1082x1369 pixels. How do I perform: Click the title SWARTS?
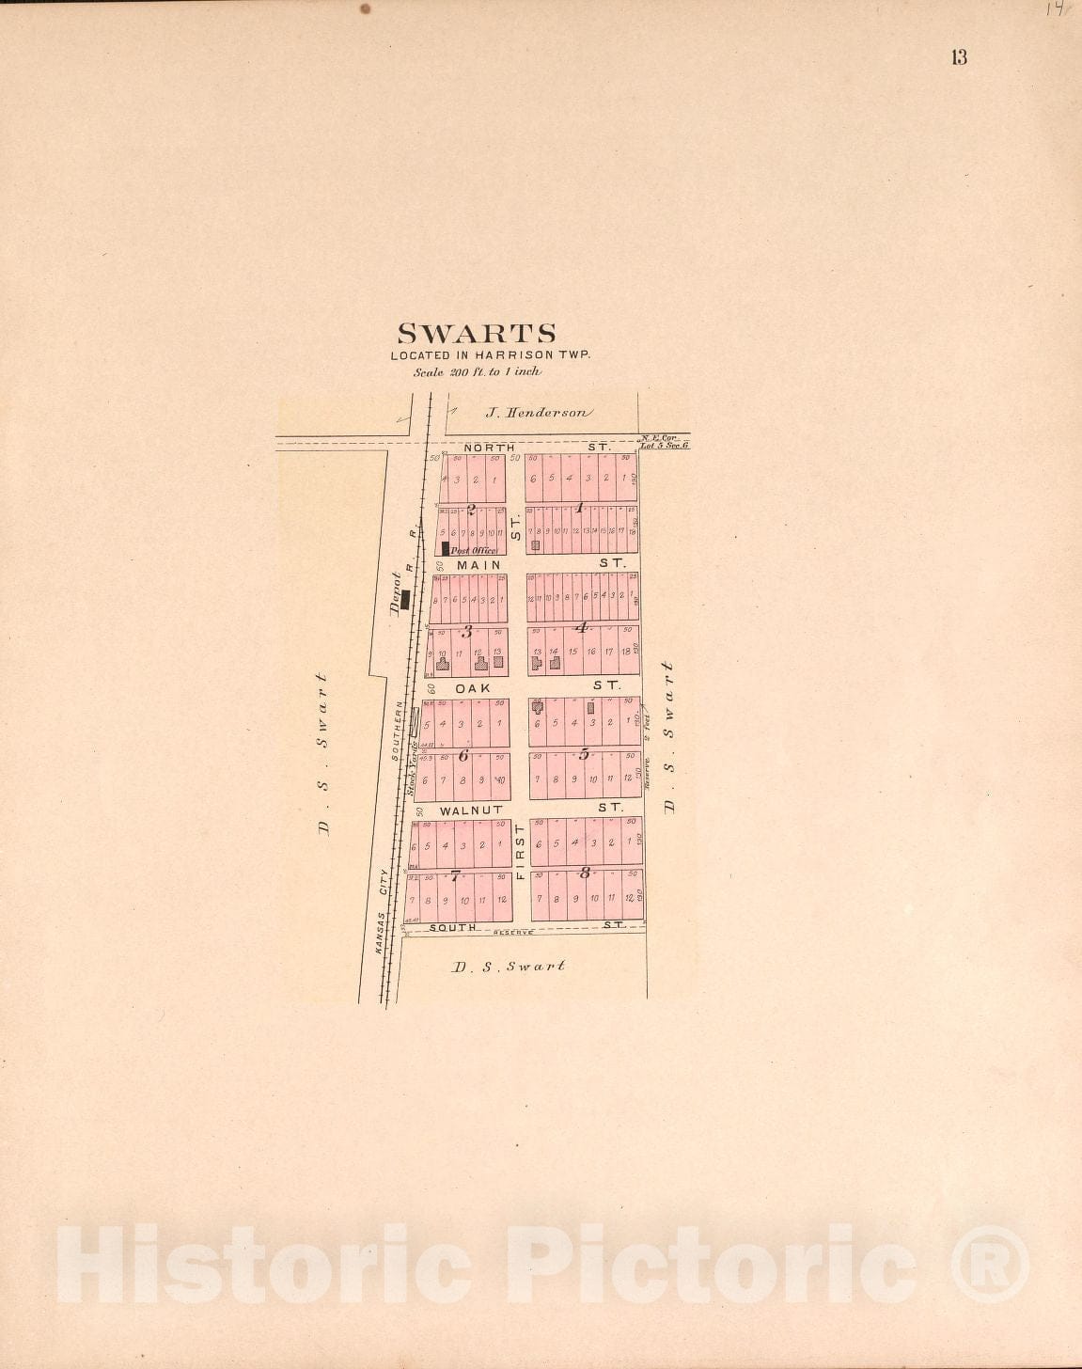pos(477,334)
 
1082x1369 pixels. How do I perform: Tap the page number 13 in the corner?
pos(958,57)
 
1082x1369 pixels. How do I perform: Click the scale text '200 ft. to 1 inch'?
pos(478,371)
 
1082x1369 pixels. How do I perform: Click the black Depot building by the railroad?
pos(405,599)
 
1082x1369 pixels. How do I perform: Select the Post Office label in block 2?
pos(474,550)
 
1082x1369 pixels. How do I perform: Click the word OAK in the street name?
pos(473,688)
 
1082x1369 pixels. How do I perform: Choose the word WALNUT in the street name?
pos(471,810)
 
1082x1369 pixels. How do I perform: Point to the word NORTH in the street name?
pos(489,448)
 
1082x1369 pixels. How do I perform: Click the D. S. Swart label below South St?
pos(509,966)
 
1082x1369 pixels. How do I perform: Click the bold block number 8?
pos(584,873)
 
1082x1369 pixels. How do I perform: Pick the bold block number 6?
pos(463,754)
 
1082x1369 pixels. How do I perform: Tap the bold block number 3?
pos(465,632)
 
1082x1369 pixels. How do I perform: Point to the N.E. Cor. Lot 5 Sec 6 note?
pos(664,441)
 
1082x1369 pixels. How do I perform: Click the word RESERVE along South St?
pos(513,933)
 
